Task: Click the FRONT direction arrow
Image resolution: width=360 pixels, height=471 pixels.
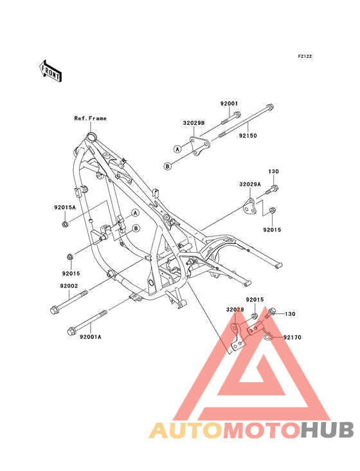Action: click(x=50, y=71)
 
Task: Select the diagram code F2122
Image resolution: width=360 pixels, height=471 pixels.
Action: click(x=305, y=56)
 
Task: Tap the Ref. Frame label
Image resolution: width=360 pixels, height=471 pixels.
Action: click(x=90, y=118)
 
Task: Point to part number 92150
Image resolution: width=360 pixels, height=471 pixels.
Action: click(x=248, y=136)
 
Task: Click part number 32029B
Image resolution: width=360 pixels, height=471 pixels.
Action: click(x=194, y=123)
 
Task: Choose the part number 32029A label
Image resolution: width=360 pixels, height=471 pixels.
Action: click(x=250, y=184)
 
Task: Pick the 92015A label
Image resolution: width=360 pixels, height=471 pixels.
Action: click(x=65, y=207)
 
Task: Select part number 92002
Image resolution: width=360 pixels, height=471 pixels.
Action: click(x=69, y=286)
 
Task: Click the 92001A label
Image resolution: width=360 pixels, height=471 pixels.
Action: click(x=90, y=337)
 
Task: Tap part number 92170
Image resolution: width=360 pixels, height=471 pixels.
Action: click(x=292, y=337)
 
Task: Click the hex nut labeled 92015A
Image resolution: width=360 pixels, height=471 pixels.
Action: click(x=64, y=224)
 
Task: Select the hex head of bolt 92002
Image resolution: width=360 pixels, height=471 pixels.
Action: click(x=54, y=310)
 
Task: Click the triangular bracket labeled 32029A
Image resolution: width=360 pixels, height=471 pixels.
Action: click(x=249, y=207)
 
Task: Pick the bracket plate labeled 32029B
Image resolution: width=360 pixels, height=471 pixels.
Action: click(x=199, y=146)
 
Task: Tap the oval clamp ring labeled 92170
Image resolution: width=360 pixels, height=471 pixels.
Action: click(x=270, y=337)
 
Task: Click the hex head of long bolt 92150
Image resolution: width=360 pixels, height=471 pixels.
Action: click(x=270, y=107)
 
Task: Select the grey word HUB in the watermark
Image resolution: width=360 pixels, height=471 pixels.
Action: click(x=328, y=430)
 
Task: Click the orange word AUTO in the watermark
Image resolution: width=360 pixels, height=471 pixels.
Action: click(x=186, y=430)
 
